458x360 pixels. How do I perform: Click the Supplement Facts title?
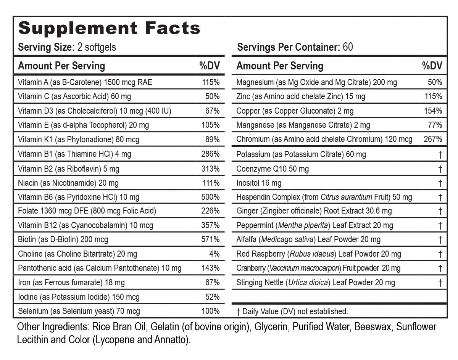point(109,28)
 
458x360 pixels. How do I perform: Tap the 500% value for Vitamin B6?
point(210,197)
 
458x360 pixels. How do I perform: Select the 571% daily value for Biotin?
point(210,239)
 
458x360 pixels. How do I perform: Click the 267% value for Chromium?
point(433,139)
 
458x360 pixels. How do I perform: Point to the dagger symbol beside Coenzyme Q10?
point(440,169)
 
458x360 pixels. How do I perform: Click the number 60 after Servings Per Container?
point(348,47)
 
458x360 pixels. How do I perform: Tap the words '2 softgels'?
point(97,47)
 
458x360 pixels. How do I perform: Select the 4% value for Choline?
point(214,254)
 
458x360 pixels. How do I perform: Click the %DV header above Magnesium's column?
point(432,66)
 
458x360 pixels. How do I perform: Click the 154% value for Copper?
point(433,111)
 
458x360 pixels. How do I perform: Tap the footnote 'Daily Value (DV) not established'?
point(295,311)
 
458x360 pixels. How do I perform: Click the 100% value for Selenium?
point(210,311)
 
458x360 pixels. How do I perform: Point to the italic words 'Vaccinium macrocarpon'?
point(304,268)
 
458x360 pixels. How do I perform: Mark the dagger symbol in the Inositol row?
point(440,183)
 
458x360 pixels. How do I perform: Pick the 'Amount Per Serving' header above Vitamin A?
point(61,66)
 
